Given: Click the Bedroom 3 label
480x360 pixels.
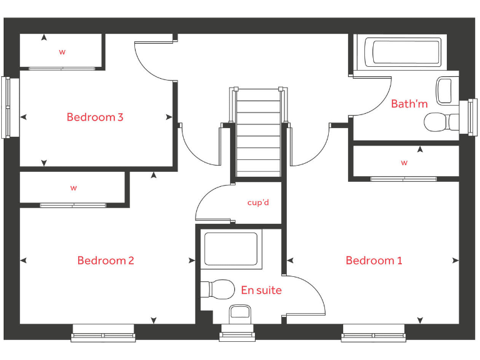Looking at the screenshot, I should (x=95, y=117).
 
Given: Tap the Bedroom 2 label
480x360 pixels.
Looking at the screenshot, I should (x=106, y=261).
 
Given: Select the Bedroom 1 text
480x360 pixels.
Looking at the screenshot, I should (x=374, y=261).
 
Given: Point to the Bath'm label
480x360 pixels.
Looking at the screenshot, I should (x=409, y=104).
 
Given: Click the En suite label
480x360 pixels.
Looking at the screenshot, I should (x=261, y=290).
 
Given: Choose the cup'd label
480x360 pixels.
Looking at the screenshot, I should (x=258, y=202).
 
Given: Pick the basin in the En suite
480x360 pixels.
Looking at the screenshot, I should (x=241, y=312).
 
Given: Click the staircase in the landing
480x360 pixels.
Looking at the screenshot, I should (x=258, y=131).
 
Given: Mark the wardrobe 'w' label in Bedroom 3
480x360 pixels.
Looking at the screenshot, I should (x=62, y=52).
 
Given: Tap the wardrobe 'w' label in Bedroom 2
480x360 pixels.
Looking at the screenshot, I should (x=73, y=187).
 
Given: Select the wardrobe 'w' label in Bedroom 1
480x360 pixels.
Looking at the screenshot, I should (x=404, y=162).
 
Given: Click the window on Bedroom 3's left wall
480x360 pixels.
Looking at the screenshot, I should (x=6, y=107).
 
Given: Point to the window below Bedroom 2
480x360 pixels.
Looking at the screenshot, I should (x=103, y=334).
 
